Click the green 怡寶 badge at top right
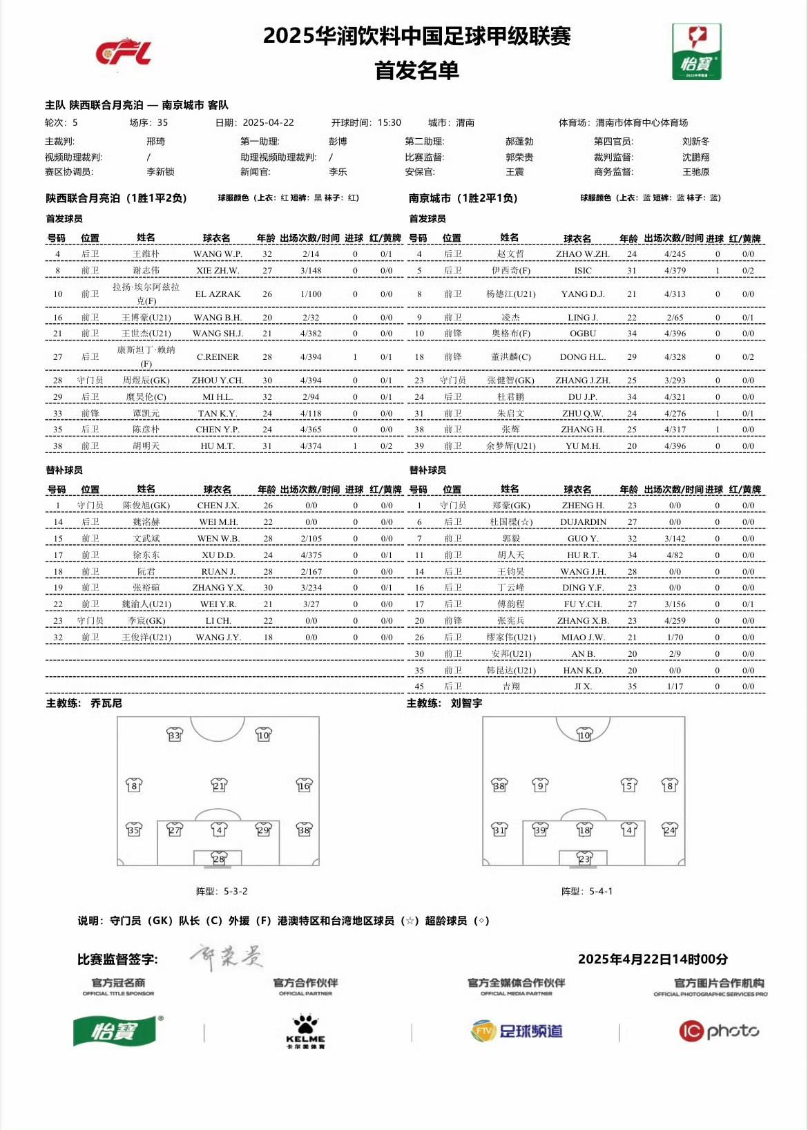[696, 52]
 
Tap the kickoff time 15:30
[389, 123]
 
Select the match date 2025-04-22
[268, 123]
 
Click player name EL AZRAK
[218, 294]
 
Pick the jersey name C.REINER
[218, 357]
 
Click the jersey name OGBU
[582, 334]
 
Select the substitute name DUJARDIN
[583, 522]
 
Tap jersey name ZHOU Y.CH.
[218, 381]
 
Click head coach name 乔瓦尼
[106, 703]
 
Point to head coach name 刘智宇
[466, 703]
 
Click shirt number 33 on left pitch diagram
[175, 735]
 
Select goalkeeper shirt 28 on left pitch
[218, 859]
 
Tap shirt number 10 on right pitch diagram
[584, 735]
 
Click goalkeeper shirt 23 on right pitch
[584, 859]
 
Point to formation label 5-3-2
[235, 892]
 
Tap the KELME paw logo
[305, 1031]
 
